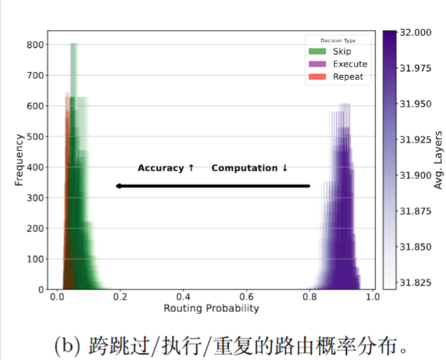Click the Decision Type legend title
pos(339,40)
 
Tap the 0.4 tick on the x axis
pos(183,298)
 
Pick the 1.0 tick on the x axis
pos(372,298)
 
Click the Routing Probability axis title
pos(211,309)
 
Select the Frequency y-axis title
pos(19,160)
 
